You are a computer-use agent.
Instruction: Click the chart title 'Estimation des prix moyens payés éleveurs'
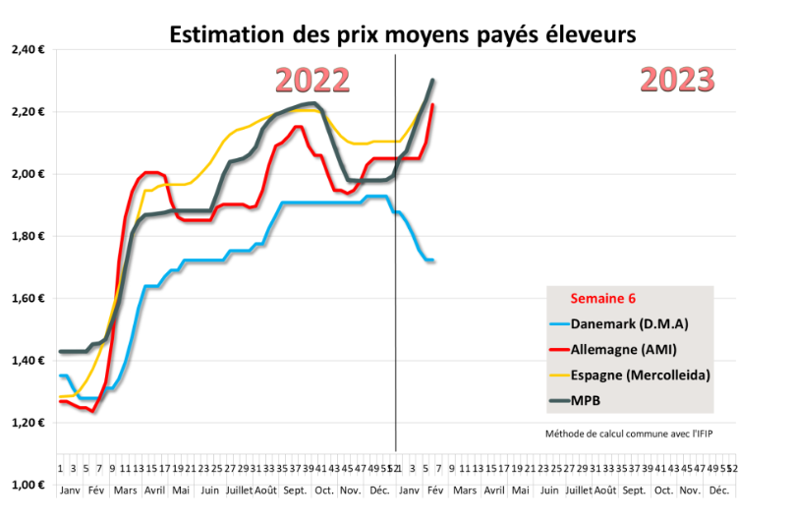tap(403, 33)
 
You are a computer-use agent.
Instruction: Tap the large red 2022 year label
tap(312, 80)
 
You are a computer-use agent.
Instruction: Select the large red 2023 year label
tap(677, 79)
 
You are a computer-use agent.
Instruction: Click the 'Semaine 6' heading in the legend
tap(602, 298)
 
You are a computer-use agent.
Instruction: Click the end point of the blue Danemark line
tap(432, 259)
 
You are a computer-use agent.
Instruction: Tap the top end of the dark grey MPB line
tap(432, 81)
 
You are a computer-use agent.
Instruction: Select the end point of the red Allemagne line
tap(433, 105)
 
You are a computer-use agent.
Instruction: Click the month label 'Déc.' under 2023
tap(719, 490)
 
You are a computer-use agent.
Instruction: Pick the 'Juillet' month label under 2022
tap(241, 490)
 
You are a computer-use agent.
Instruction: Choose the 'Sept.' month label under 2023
tap(634, 490)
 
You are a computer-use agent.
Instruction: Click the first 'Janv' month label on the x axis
tap(69, 490)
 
